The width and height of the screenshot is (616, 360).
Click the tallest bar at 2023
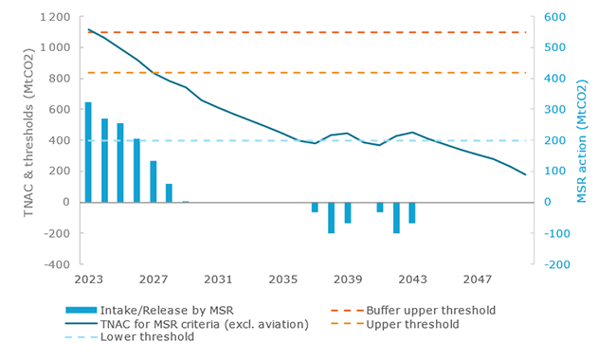coord(88,152)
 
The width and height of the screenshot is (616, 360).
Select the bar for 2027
coord(154,181)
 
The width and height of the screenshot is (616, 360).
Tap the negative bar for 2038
coord(332,217)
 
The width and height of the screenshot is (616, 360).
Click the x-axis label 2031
coord(218,279)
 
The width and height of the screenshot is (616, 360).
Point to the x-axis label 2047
coord(477,279)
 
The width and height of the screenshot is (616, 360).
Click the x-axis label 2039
coord(348,279)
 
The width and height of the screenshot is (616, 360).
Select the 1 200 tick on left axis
coord(55,17)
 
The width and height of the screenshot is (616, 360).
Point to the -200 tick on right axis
coord(558,264)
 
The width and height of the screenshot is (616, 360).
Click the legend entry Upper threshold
coord(418,323)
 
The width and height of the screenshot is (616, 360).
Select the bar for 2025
coord(120,162)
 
